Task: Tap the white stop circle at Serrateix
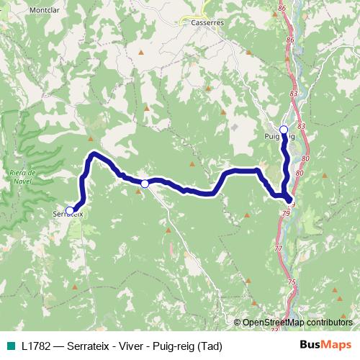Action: [70, 210]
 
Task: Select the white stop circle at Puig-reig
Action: [284, 130]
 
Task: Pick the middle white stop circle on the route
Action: [145, 184]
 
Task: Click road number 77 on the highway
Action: [279, 248]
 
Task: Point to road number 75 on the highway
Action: [292, 282]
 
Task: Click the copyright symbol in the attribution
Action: [237, 322]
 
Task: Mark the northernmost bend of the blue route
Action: [93, 155]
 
